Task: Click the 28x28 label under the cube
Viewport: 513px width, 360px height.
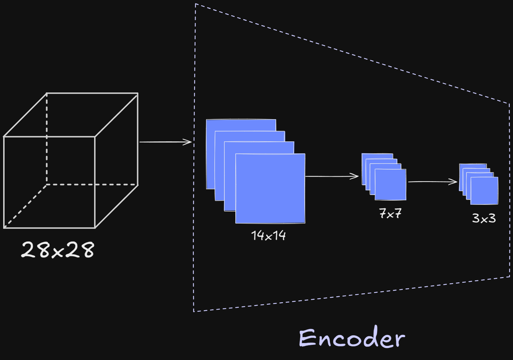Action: pyautogui.click(x=57, y=250)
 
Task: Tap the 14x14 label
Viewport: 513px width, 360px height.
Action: pyautogui.click(x=268, y=236)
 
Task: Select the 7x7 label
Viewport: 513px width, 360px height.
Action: pyautogui.click(x=390, y=213)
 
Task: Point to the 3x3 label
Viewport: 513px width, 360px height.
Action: pyautogui.click(x=484, y=219)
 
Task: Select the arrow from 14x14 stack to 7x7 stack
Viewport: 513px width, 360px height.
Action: pyautogui.click(x=331, y=176)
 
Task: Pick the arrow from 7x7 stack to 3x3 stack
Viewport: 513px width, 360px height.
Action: pyautogui.click(x=432, y=182)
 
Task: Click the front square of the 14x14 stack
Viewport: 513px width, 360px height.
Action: pyautogui.click(x=270, y=189)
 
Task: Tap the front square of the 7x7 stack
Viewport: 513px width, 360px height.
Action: pyautogui.click(x=390, y=184)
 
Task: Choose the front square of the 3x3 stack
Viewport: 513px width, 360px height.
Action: pyautogui.click(x=484, y=191)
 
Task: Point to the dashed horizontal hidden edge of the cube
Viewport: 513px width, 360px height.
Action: pyautogui.click(x=92, y=184)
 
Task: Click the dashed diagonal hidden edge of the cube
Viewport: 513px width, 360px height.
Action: pyautogui.click(x=25, y=206)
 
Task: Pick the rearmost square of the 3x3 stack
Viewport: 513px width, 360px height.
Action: pyautogui.click(x=472, y=166)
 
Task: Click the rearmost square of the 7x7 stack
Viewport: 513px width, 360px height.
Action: pyautogui.click(x=377, y=156)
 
